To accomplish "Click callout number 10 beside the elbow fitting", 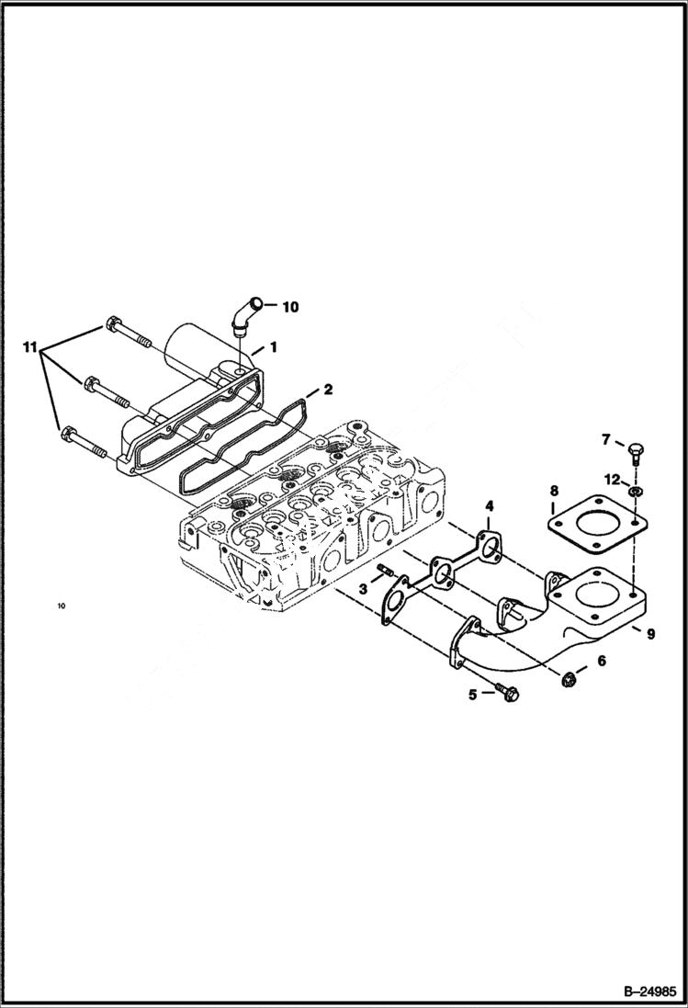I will click(290, 307).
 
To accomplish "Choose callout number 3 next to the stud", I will click(364, 589).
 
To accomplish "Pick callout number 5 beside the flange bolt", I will click(473, 695).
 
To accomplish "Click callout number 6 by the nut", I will click(602, 660).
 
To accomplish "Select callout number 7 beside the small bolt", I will click(605, 440).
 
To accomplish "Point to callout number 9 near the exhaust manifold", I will click(649, 632).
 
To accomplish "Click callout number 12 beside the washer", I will click(612, 478).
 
